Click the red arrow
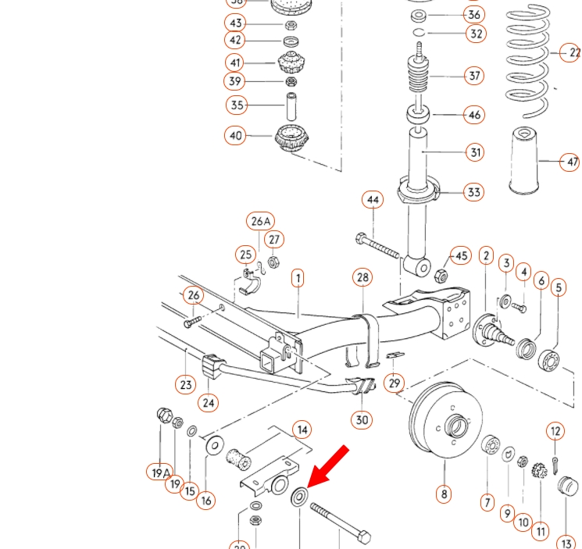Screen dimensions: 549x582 [x=328, y=465]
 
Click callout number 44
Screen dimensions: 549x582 [x=373, y=200]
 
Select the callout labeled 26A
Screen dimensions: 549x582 [x=261, y=221]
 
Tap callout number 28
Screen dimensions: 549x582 [x=362, y=277]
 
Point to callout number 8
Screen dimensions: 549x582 [x=444, y=494]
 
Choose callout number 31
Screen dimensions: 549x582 [x=475, y=152]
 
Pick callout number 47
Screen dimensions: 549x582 [x=571, y=162]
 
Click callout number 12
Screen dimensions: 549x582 [x=555, y=431]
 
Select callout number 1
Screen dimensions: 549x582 [x=298, y=278]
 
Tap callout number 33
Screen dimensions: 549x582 [x=473, y=192]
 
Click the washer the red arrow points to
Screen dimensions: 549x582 [x=299, y=496]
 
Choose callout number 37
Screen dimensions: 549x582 [x=474, y=76]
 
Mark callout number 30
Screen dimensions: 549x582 [x=362, y=419]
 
